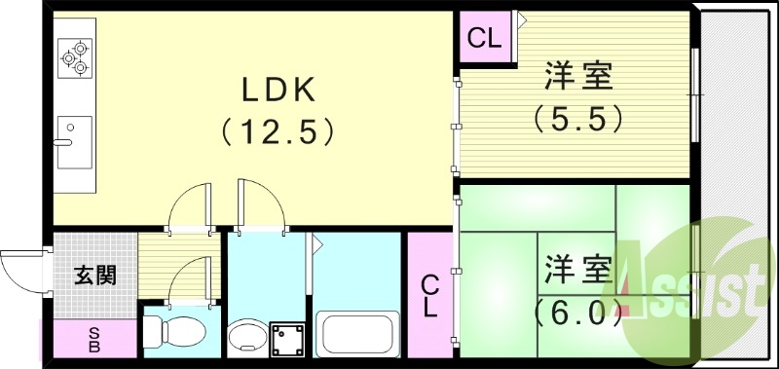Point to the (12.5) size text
pyautogui.click(x=278, y=129)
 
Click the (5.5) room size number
pyautogui.click(x=576, y=118)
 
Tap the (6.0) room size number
pyautogui.click(x=576, y=314)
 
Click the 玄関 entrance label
pyautogui.click(x=94, y=276)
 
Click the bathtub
pyautogui.click(x=357, y=335)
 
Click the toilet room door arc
pyautogui.click(x=190, y=278)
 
